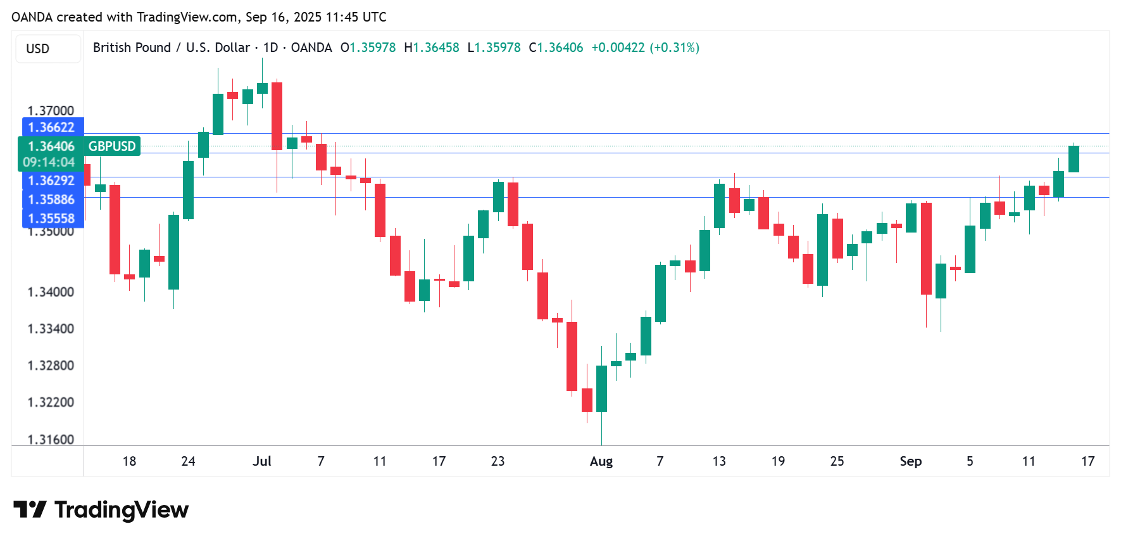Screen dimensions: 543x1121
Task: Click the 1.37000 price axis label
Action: click(51, 111)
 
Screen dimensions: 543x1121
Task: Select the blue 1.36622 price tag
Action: click(52, 127)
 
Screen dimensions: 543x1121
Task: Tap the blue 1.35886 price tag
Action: click(52, 200)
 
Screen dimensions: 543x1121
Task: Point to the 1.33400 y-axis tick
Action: click(51, 329)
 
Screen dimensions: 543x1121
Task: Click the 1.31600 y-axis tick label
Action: click(51, 440)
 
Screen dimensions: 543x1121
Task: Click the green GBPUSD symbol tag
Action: click(112, 146)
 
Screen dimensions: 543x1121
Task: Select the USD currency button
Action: click(38, 49)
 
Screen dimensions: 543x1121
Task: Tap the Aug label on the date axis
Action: click(601, 461)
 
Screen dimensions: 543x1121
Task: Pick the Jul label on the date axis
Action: click(261, 461)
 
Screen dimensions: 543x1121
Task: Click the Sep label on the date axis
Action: click(910, 461)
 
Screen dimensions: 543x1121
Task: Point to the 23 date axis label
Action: click(498, 461)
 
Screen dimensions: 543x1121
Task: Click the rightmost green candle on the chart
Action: click(1074, 159)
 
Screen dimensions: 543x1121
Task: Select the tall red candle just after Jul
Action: click(277, 116)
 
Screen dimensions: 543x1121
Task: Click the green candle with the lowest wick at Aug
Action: click(601, 388)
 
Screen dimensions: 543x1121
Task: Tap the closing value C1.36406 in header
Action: click(556, 48)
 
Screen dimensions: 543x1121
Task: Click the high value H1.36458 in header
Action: click(432, 48)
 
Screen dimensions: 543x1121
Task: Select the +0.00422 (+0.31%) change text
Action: click(645, 48)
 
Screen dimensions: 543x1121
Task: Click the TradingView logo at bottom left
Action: click(101, 509)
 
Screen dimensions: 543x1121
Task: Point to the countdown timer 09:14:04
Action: click(49, 162)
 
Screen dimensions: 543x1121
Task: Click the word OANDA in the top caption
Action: click(32, 17)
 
